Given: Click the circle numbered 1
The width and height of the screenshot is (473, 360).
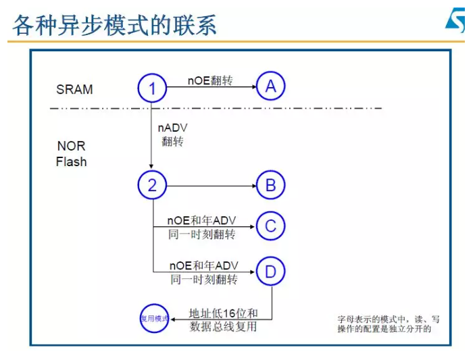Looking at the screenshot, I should [152, 88].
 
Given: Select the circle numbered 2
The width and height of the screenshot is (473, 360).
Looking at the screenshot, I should [152, 185].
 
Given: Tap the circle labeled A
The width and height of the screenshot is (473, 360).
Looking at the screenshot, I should [271, 86].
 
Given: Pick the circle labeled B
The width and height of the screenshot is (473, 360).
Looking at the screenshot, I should [271, 185].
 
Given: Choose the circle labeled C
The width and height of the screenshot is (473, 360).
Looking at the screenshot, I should [271, 226].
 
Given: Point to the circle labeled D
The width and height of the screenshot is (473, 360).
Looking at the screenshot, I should [271, 272].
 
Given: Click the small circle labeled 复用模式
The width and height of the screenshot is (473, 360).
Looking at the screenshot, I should [153, 318].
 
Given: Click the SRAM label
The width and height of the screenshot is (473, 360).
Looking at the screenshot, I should [74, 89].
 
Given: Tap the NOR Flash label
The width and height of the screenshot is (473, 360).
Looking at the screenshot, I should [71, 154].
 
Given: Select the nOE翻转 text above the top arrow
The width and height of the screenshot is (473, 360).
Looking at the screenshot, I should [209, 80].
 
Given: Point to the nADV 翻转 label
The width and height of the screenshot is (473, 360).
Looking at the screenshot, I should [173, 134].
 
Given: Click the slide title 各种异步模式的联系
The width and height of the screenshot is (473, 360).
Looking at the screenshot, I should [115, 25].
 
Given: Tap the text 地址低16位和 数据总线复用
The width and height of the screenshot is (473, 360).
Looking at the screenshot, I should [224, 320].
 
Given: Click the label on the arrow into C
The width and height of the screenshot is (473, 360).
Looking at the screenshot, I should [202, 227].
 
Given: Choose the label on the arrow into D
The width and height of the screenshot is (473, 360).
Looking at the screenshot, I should [203, 272].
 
